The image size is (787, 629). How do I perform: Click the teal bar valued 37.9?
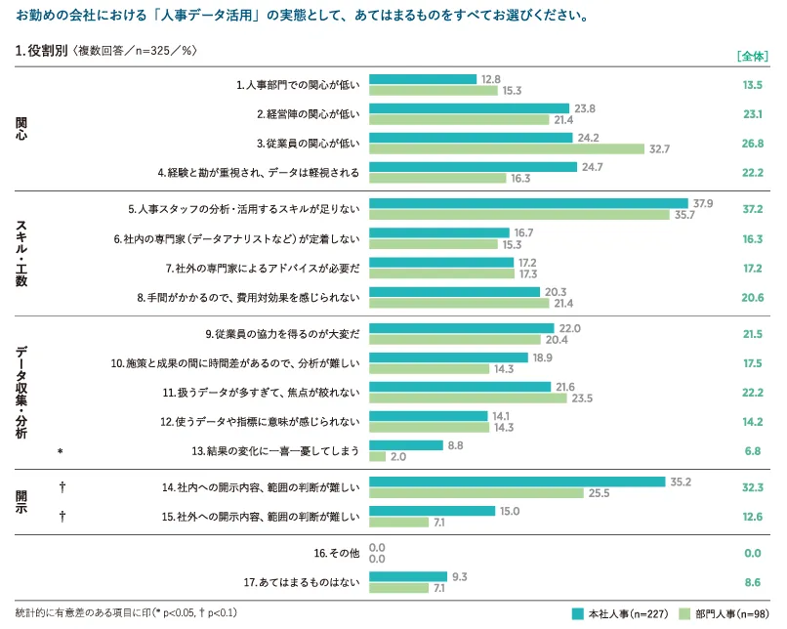pos(529,204)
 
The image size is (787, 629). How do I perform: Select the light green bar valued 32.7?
pos(507,149)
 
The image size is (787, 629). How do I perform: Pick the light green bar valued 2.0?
pos(377,456)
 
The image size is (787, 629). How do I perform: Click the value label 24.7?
pos(592,167)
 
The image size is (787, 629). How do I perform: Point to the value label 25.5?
pos(600,493)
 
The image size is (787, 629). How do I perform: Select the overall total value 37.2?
pos(751,209)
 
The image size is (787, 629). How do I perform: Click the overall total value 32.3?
pos(751,486)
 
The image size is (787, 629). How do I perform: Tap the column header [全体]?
pos(752,56)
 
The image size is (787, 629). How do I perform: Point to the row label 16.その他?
pos(337,553)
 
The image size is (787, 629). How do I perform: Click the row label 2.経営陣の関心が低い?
pos(308,114)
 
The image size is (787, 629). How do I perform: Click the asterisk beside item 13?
pos(61,451)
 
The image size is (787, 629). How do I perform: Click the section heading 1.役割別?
pos(42,50)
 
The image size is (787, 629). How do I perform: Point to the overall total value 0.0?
pos(751,553)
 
